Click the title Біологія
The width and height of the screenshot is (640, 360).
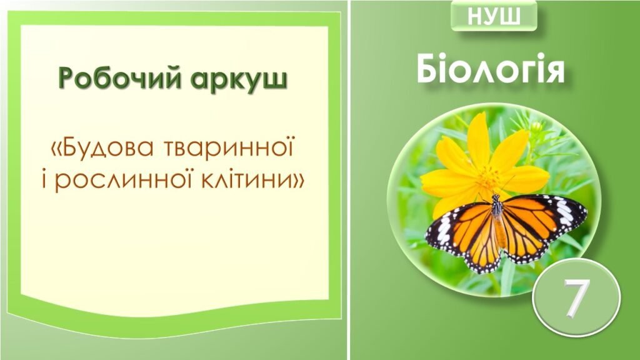pyautogui.click(x=491, y=69)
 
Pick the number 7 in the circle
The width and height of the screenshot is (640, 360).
pyautogui.click(x=576, y=297)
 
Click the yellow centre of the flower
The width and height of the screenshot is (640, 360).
pyautogui.click(x=488, y=174)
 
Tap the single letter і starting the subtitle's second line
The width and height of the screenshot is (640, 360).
pyautogui.click(x=42, y=181)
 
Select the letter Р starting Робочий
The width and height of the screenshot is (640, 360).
pyautogui.click(x=67, y=80)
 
